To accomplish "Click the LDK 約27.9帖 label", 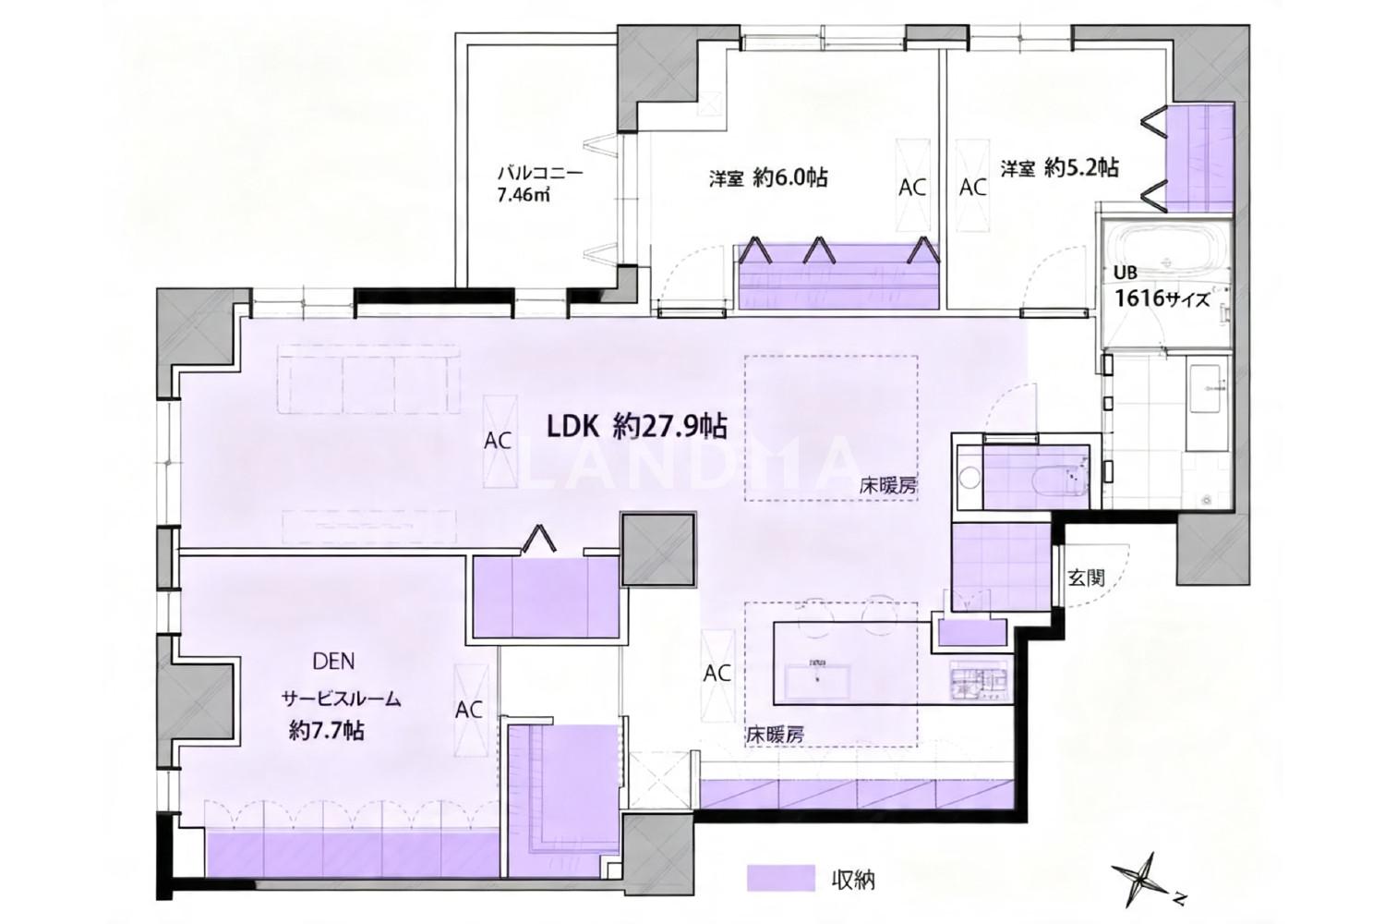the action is pyautogui.click(x=637, y=427).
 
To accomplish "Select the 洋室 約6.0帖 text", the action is pyautogui.click(x=768, y=178).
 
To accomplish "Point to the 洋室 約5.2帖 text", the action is pyautogui.click(x=1059, y=167).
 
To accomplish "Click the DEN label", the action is pyautogui.click(x=334, y=661).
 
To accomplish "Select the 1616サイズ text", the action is pyautogui.click(x=1162, y=299).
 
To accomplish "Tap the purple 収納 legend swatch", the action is pyautogui.click(x=781, y=878).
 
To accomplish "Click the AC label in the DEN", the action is pyautogui.click(x=469, y=710).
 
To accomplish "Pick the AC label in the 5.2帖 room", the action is pyautogui.click(x=972, y=187).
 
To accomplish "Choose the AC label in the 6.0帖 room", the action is pyautogui.click(x=912, y=187).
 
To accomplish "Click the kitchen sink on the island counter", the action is pyautogui.click(x=819, y=681).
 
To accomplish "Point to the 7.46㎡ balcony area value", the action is pyautogui.click(x=524, y=195).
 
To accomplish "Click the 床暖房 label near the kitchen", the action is pyautogui.click(x=776, y=736).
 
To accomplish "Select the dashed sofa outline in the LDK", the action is pyautogui.click(x=369, y=379).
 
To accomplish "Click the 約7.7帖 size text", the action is pyautogui.click(x=327, y=731).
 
